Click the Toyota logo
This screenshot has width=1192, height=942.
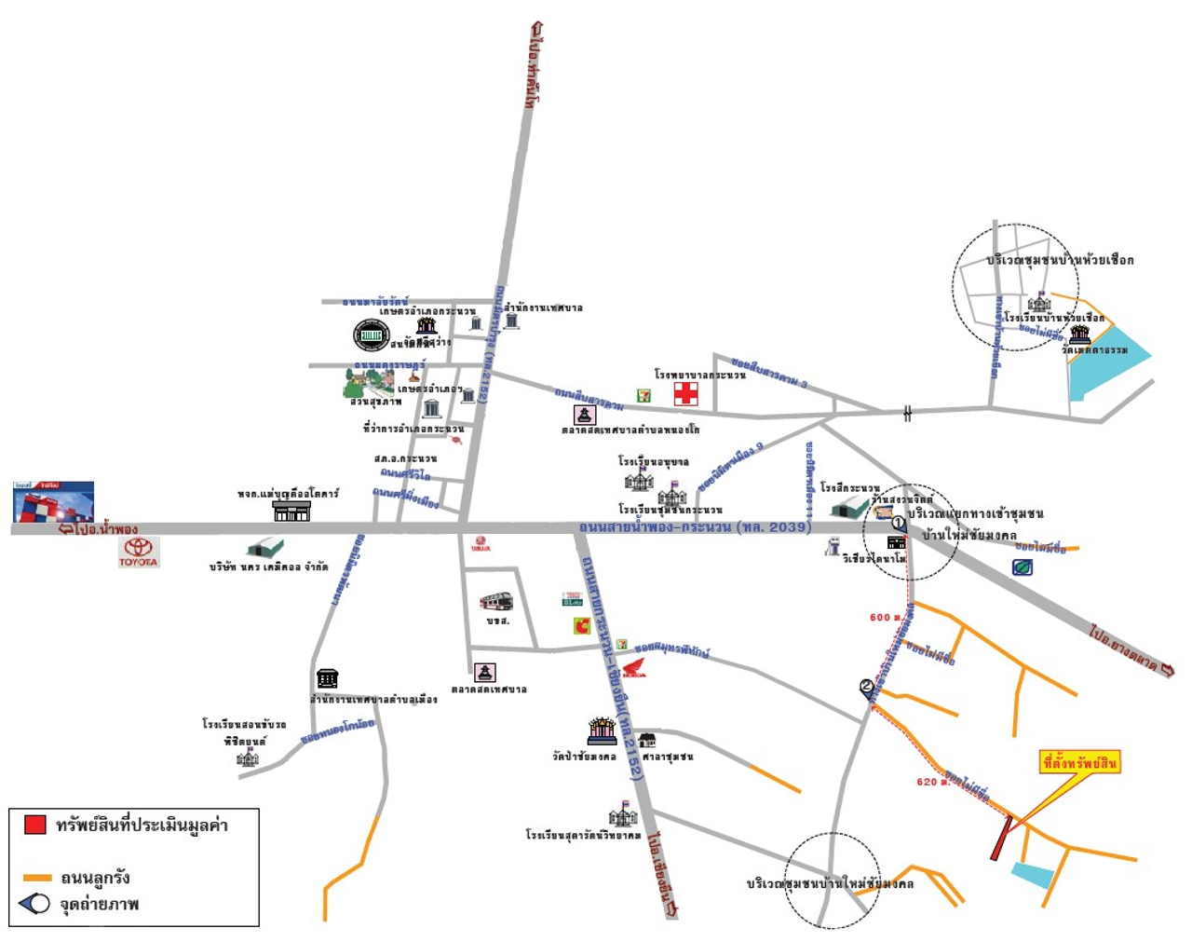pyautogui.click(x=138, y=549)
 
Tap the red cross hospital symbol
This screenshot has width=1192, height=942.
pyautogui.click(x=686, y=393)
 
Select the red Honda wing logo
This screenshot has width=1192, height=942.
pyautogui.click(x=632, y=667)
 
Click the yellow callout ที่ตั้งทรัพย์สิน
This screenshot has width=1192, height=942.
pyautogui.click(x=1079, y=763)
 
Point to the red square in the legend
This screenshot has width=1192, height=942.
pyautogui.click(x=35, y=824)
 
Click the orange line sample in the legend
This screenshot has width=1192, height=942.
pyautogui.click(x=37, y=878)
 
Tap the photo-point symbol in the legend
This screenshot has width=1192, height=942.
pyautogui.click(x=34, y=903)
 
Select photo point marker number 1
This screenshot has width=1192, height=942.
pyautogui.click(x=899, y=523)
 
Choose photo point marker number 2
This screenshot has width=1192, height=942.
pyautogui.click(x=867, y=688)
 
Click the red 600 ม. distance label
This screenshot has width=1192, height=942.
pyautogui.click(x=886, y=617)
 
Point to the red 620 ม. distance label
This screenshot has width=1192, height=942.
pyautogui.click(x=932, y=782)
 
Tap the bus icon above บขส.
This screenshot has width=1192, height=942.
pyautogui.click(x=496, y=601)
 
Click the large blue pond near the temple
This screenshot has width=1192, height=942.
pyautogui.click(x=1104, y=362)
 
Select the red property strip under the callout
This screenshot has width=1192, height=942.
pyautogui.click(x=1000, y=838)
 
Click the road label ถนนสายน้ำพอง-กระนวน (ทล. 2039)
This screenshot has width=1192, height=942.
pyautogui.click(x=695, y=527)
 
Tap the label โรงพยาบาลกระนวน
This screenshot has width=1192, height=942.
pyautogui.click(x=699, y=375)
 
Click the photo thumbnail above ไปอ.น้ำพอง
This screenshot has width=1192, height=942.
pyautogui.click(x=53, y=501)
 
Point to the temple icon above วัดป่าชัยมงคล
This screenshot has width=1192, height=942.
pyautogui.click(x=603, y=730)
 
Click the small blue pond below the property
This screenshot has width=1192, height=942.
pyautogui.click(x=1033, y=875)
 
